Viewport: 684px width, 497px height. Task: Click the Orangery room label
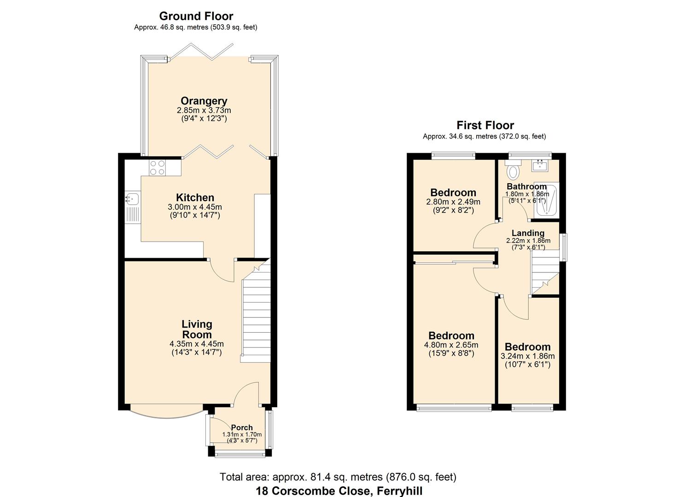point(204,101)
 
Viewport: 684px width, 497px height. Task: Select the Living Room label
point(197,329)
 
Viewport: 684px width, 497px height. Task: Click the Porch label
point(242,428)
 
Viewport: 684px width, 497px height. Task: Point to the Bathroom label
point(526,186)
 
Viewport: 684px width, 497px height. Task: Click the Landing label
point(528,233)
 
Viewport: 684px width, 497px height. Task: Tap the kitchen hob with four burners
point(158,167)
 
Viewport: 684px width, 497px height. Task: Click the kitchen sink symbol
point(132,199)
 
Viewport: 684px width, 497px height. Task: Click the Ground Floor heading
point(196,16)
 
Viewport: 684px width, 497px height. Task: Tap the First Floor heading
point(485,125)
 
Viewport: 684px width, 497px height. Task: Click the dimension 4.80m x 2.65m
point(451,345)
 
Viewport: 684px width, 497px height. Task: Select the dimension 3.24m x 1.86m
point(527,356)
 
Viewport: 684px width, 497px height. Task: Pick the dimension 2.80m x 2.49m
point(453,202)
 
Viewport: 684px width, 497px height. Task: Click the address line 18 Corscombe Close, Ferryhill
point(339,491)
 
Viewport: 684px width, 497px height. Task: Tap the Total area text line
point(338,477)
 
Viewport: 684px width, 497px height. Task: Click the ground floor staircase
point(255,313)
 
